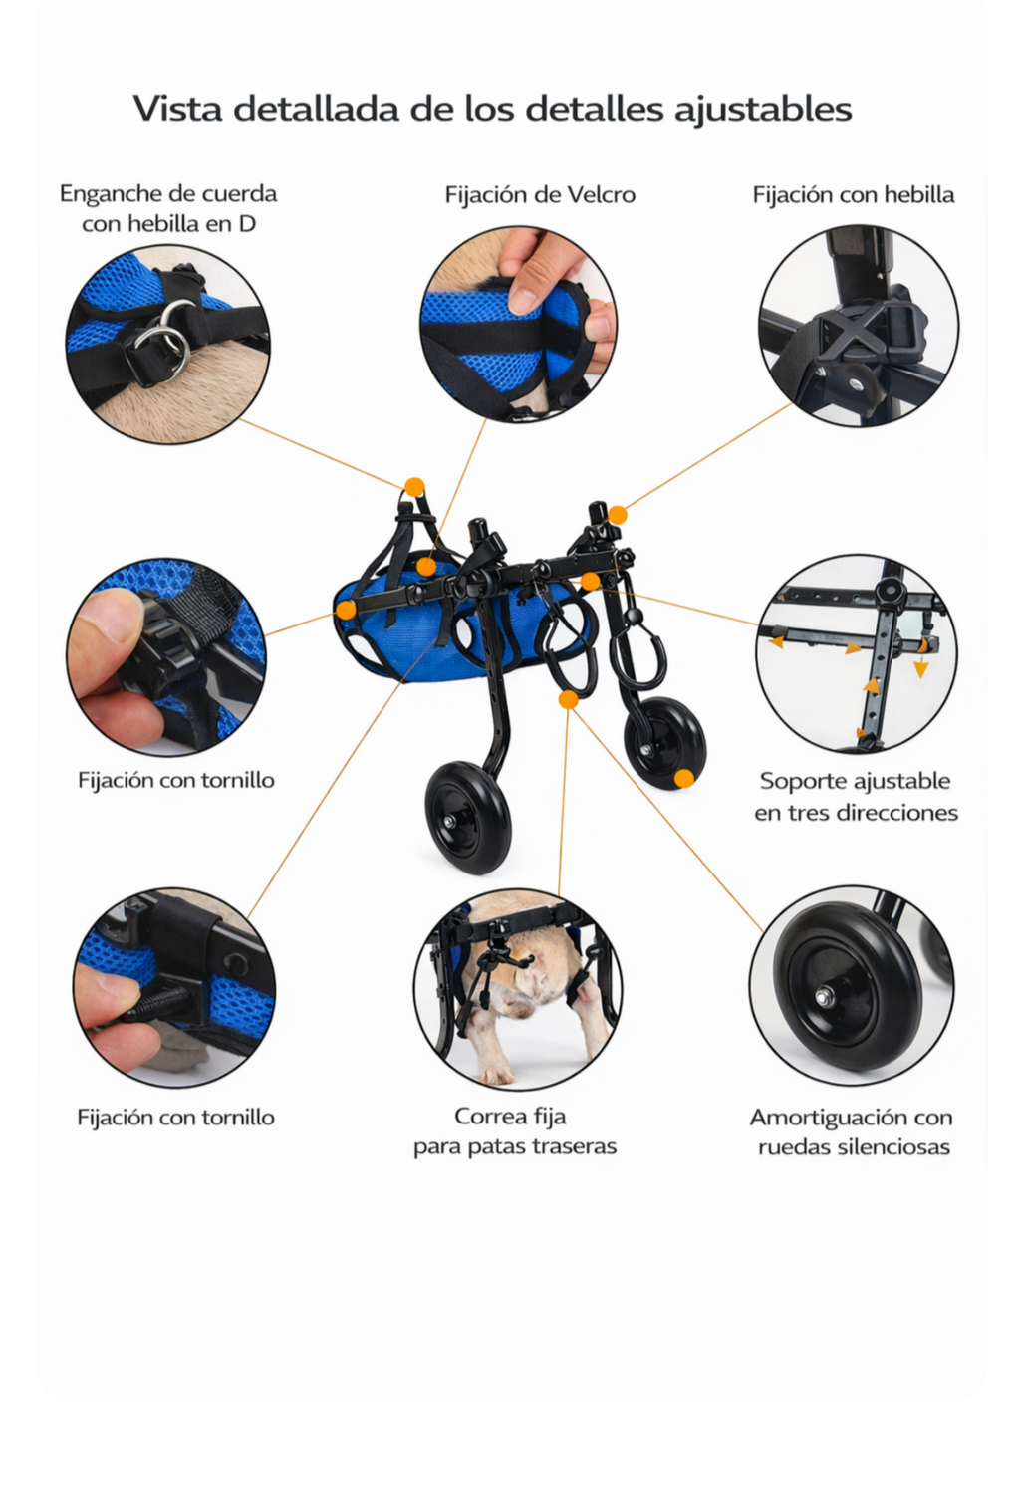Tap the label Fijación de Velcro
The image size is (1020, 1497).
pyautogui.click(x=539, y=194)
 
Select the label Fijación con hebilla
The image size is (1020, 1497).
pyautogui.click(x=853, y=194)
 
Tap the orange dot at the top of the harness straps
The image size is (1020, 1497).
pyautogui.click(x=414, y=487)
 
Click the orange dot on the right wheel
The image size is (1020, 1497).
pyautogui.click(x=683, y=778)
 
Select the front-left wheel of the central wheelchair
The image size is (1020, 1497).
pyautogui.click(x=467, y=818)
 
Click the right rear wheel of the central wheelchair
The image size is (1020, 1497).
pyautogui.click(x=663, y=742)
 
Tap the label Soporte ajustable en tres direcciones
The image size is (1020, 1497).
pyautogui.click(x=855, y=796)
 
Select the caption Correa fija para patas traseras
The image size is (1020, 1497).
pyautogui.click(x=514, y=1130)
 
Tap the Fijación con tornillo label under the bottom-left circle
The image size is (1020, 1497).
pyautogui.click(x=175, y=1117)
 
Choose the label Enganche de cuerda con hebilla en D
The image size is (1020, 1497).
pyautogui.click(x=168, y=207)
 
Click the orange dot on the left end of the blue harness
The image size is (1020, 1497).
pyautogui.click(x=346, y=609)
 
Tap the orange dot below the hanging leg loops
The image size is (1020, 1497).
pyautogui.click(x=568, y=699)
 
